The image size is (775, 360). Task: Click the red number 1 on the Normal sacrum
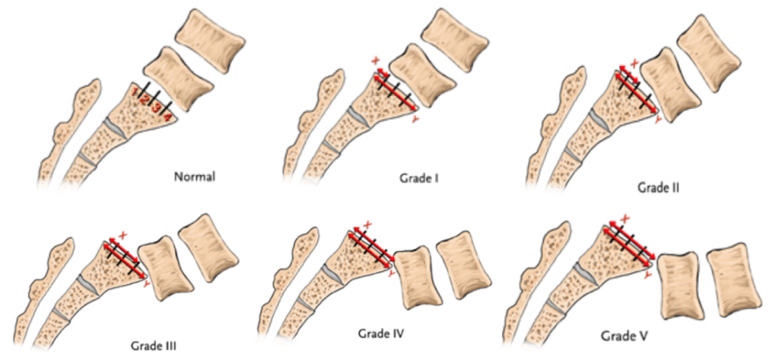click(131, 93)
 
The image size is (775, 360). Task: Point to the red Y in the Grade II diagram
click(658, 121)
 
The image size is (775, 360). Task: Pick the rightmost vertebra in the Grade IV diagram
click(463, 266)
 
